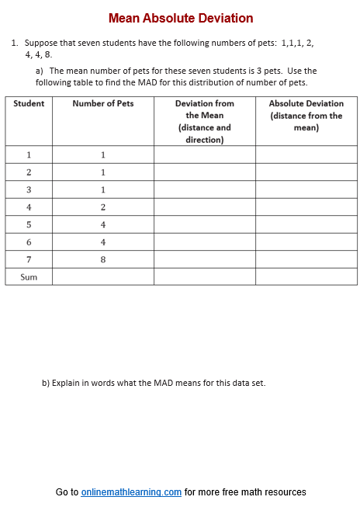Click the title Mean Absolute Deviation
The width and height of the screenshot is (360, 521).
click(180, 18)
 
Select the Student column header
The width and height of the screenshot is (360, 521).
click(29, 103)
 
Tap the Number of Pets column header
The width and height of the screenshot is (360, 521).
click(102, 103)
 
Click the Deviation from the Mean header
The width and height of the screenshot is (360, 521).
click(204, 121)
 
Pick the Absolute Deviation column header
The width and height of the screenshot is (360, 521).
click(306, 115)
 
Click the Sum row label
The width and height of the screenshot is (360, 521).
click(29, 276)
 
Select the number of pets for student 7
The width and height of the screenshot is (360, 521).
click(102, 259)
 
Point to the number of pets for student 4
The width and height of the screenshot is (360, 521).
click(102, 207)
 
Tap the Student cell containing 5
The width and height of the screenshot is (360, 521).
click(29, 224)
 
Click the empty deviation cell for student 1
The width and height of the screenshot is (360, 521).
click(204, 155)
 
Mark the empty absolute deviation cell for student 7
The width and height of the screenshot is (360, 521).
click(306, 259)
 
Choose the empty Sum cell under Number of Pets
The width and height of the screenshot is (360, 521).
click(102, 276)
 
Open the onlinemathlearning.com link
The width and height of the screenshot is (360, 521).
click(131, 492)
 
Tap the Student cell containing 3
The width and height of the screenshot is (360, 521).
click(29, 190)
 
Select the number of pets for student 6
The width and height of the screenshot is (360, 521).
click(102, 242)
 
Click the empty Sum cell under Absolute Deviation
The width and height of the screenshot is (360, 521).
click(306, 276)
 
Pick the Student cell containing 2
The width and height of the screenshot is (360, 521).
click(29, 172)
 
